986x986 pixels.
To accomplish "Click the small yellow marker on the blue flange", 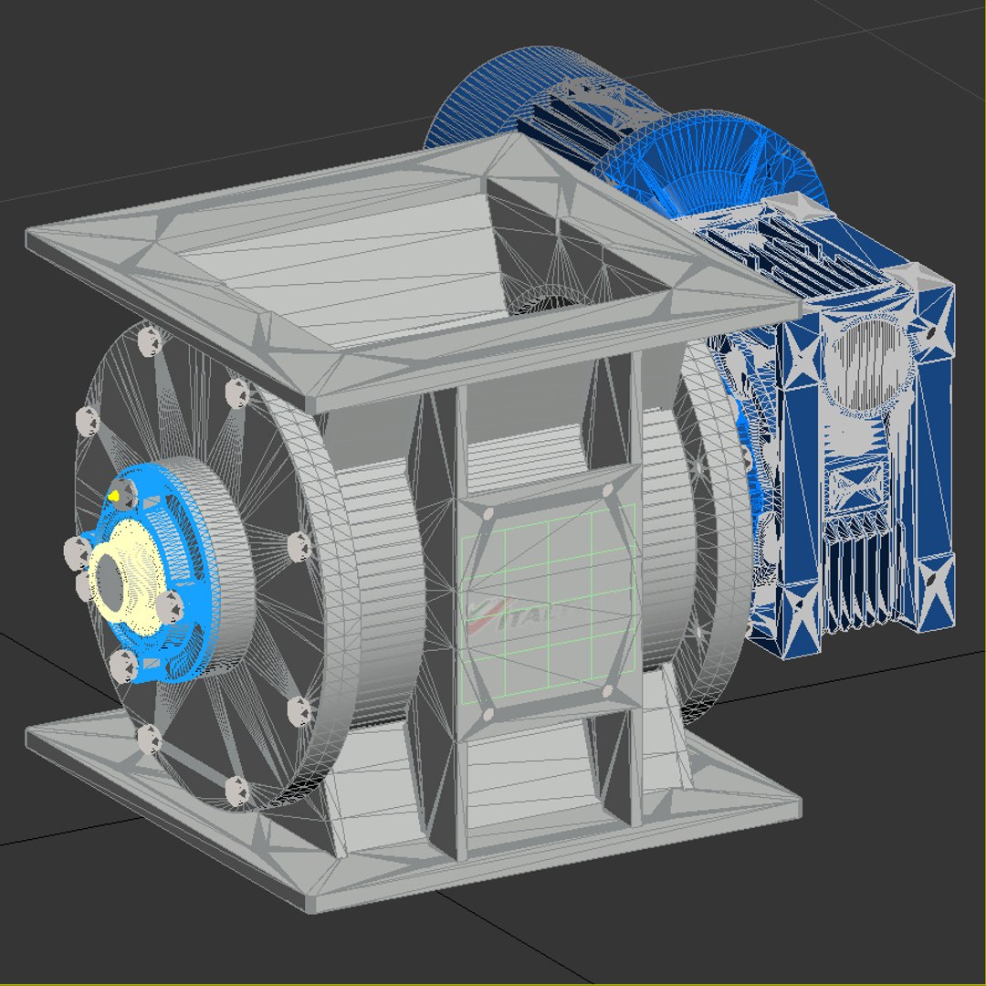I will pos(114,495).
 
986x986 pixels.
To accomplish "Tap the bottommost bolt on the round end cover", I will pos(236,791).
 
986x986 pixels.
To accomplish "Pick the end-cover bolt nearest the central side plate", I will pos(298,546).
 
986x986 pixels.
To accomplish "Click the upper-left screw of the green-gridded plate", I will pos(488,513).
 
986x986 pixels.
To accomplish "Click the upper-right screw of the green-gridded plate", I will pos(608,490).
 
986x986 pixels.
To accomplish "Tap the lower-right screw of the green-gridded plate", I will pos(608,693).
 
